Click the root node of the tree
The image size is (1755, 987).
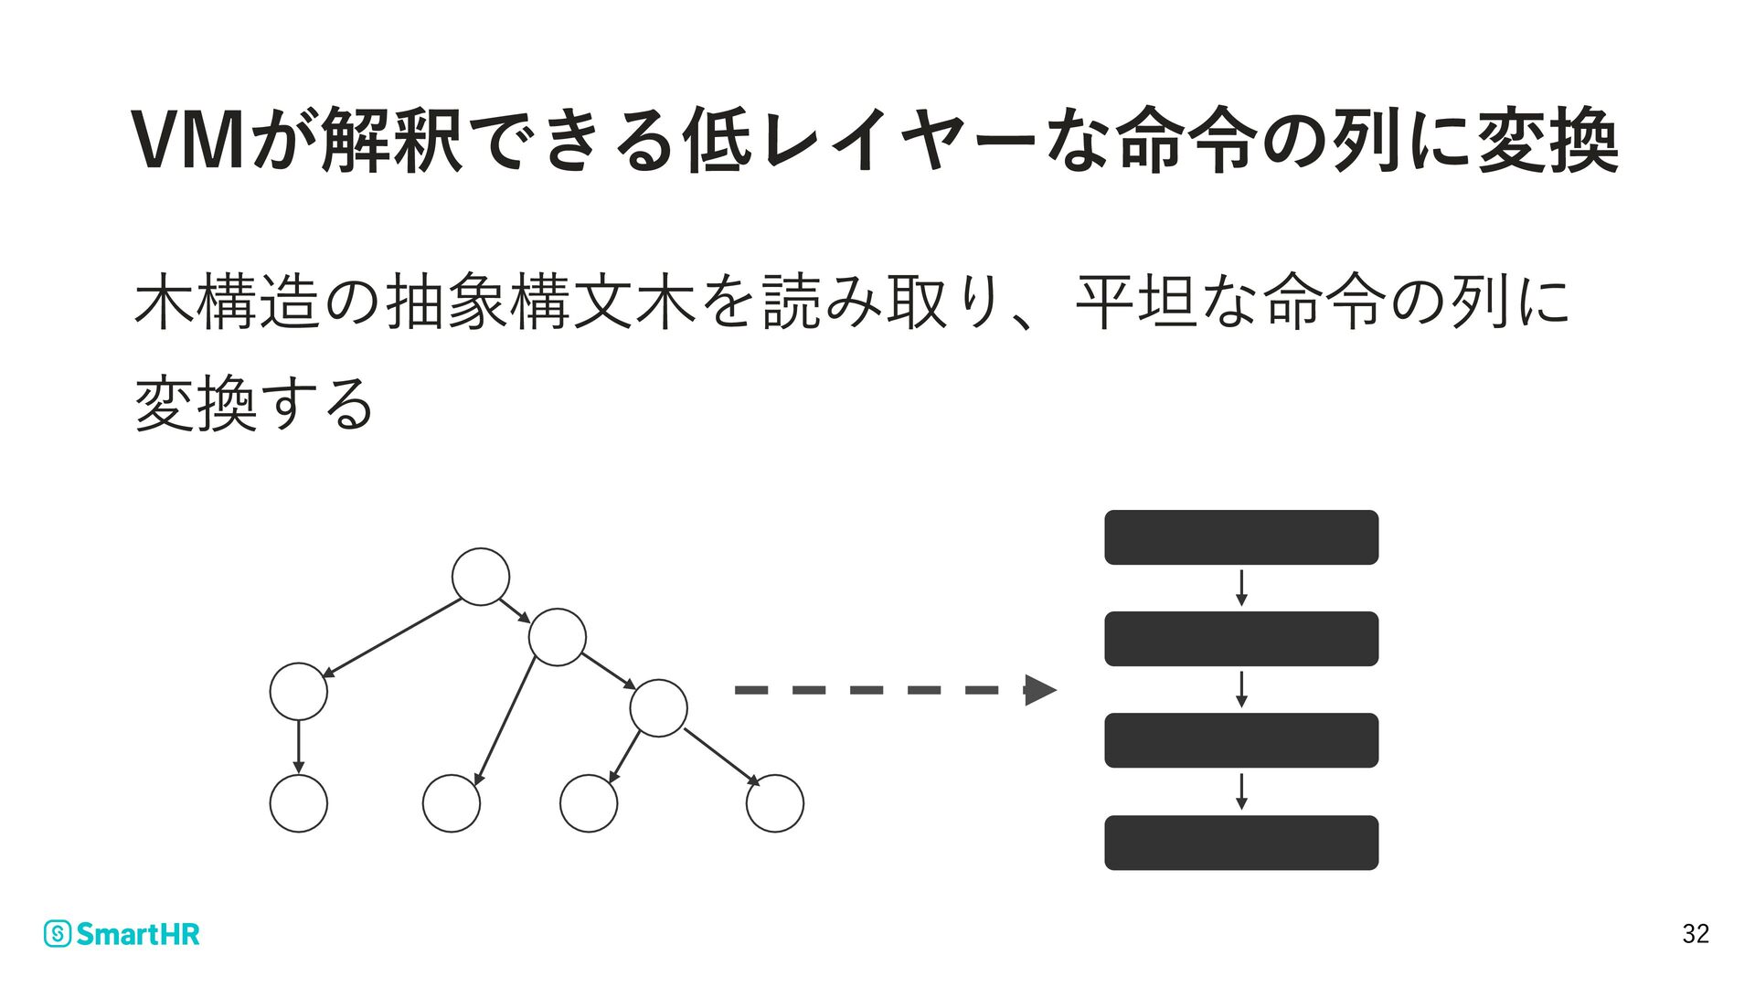click(481, 577)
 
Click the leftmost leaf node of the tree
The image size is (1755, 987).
click(299, 803)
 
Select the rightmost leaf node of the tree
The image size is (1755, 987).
click(775, 803)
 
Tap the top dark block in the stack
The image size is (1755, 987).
click(1241, 537)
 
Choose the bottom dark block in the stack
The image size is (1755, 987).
click(1241, 843)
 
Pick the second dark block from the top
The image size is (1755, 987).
click(1241, 639)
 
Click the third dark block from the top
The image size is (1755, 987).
click(1241, 740)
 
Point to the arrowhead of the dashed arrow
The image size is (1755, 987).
click(1040, 690)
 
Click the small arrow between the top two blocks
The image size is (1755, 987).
click(1241, 589)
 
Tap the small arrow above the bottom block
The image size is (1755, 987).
click(1241, 791)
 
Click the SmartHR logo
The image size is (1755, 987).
click(122, 934)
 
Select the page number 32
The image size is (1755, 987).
click(1696, 933)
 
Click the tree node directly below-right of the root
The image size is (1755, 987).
click(557, 637)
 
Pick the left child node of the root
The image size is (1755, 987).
click(299, 692)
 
